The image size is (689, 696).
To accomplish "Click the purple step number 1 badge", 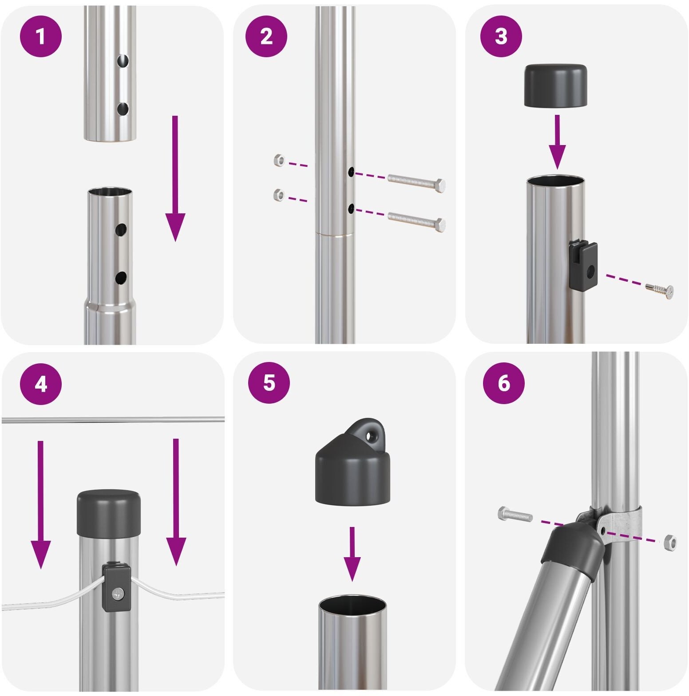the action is point(41,36).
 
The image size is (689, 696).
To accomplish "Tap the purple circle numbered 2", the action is point(266,36).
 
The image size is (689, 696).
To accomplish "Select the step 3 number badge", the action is point(501,36).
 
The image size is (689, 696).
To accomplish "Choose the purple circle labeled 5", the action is point(269,382).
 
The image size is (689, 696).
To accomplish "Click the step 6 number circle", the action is point(504,383).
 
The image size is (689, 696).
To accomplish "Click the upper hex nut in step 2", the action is point(279,160).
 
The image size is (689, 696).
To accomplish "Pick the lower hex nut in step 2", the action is point(279,194).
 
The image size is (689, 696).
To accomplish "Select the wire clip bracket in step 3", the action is point(583,265).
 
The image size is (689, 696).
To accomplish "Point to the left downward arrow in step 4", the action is point(41,505).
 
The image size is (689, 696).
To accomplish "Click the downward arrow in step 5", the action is point(352,554).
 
